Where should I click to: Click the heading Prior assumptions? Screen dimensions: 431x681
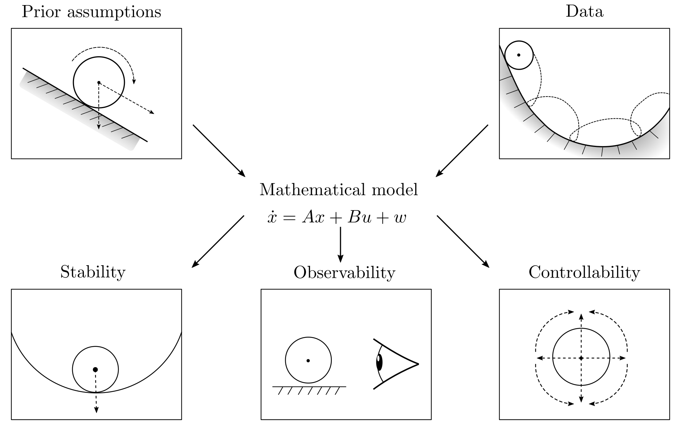click(x=91, y=12)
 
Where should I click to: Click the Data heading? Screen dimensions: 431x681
click(x=584, y=12)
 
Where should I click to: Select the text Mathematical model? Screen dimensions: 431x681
click(x=338, y=190)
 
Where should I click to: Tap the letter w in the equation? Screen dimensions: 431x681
click(x=399, y=218)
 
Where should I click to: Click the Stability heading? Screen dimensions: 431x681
click(x=93, y=272)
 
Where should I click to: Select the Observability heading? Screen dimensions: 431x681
click(x=344, y=273)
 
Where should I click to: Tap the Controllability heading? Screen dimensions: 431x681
click(x=584, y=272)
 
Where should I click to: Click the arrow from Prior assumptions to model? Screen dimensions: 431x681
click(x=219, y=151)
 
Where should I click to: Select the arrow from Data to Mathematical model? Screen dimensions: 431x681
click(x=462, y=151)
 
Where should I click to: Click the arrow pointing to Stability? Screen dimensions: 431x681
click(x=218, y=241)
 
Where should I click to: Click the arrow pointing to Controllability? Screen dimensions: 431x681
click(x=463, y=241)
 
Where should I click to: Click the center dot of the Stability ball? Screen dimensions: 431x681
click(x=95, y=369)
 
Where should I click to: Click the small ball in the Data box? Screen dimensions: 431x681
click(x=519, y=55)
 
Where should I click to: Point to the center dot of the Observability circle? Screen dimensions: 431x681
click(x=308, y=361)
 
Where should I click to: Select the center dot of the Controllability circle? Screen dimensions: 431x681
click(x=581, y=358)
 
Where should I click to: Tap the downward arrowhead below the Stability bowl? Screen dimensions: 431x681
click(x=96, y=410)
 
